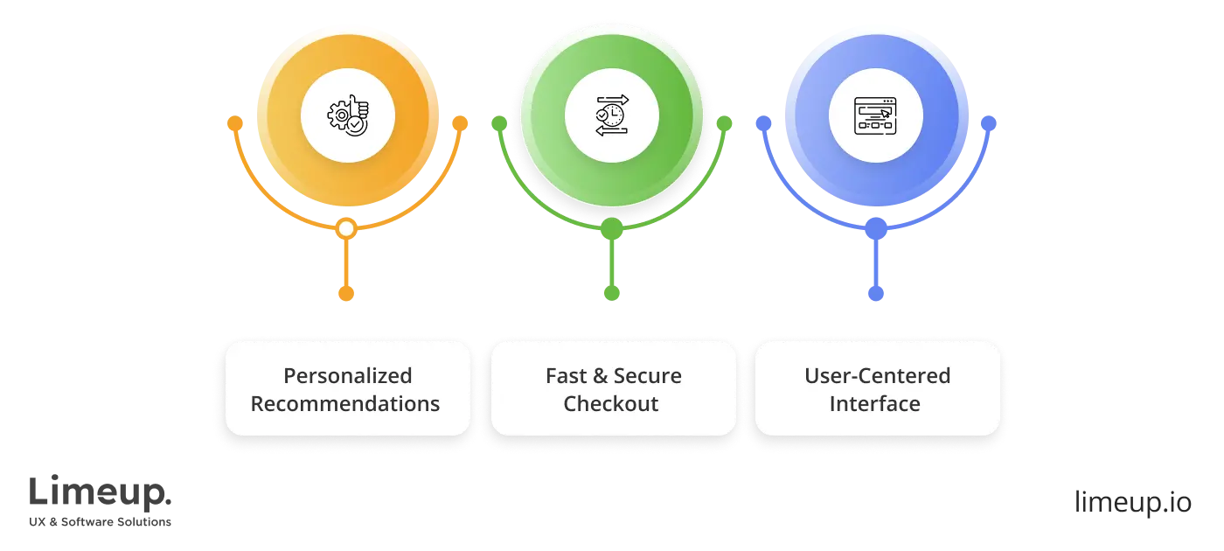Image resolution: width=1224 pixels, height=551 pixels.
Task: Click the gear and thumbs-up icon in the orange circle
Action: coord(348,115)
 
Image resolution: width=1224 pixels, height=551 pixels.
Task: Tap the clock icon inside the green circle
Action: coord(612,115)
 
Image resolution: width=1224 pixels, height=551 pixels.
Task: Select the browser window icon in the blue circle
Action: coord(877,115)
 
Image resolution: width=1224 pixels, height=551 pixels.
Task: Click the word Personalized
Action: coord(347,375)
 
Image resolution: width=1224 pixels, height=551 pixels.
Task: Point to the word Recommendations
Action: coord(345,404)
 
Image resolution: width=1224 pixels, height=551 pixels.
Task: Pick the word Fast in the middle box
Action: coord(566,375)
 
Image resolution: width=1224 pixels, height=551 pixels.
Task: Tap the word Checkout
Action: coord(611,404)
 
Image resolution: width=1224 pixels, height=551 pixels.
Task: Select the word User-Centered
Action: coord(877,375)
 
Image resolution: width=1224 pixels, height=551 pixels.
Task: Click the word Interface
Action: coord(875,404)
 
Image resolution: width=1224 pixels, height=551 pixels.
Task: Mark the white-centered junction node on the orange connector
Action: coord(346,229)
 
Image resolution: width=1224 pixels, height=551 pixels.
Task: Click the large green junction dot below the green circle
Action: coord(612,229)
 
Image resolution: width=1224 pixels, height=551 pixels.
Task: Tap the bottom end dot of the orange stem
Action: coord(346,291)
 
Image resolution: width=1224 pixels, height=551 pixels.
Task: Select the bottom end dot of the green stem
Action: coord(612,291)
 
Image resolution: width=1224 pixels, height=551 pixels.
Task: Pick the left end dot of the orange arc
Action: coord(234,123)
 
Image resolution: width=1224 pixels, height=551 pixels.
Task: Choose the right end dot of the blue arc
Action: coord(989,123)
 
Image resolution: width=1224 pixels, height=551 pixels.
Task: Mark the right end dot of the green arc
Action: coord(724,123)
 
